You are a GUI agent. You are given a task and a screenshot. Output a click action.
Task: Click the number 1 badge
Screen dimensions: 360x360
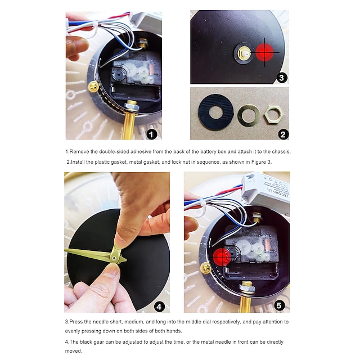tap(151, 134)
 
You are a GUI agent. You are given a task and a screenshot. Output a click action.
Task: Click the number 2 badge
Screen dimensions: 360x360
tap(283, 134)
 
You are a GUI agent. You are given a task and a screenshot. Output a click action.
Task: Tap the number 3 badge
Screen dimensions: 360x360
tap(281, 78)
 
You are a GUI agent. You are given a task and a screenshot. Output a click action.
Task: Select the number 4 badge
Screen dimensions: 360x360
tap(159, 307)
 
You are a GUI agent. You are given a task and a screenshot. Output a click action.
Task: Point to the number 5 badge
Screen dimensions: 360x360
tap(279, 305)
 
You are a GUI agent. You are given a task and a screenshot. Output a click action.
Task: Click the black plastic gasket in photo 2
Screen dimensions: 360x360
tap(215, 112)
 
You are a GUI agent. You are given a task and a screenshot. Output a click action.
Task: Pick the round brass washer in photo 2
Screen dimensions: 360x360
tap(249, 115)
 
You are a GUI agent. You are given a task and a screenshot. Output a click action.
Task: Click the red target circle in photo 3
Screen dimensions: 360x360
tap(264, 52)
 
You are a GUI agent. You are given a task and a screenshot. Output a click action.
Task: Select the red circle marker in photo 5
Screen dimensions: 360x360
tap(222, 256)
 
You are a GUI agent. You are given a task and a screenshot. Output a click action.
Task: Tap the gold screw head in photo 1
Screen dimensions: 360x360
tap(94, 87)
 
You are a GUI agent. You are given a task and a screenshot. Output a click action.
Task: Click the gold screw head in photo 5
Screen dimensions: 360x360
tap(205, 268)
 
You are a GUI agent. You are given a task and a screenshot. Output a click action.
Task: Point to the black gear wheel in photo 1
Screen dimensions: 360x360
tap(119, 74)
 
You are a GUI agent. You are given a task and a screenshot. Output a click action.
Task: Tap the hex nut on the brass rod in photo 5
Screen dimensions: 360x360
tap(247, 287)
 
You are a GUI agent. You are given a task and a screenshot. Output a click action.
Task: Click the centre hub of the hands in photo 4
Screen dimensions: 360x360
tap(114, 258)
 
